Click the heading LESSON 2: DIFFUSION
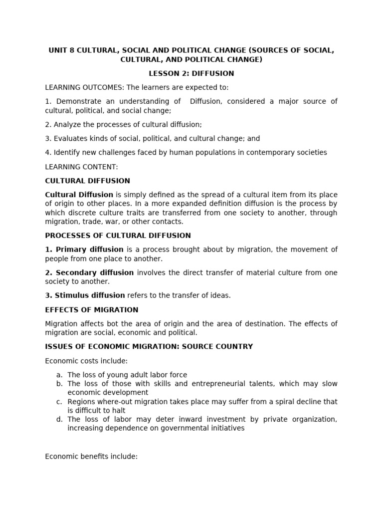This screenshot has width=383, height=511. [191, 73]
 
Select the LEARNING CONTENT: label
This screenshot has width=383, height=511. [81, 167]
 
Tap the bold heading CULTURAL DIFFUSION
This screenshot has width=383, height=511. [87, 181]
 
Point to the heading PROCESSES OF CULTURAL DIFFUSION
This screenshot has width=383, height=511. [118, 236]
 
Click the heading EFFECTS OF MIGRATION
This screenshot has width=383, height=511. [91, 310]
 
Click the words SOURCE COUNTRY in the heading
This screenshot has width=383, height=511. [215, 346]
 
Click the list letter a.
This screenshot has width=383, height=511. [59, 375]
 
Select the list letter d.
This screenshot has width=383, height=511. [59, 419]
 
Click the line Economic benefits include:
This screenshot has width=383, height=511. [91, 456]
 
